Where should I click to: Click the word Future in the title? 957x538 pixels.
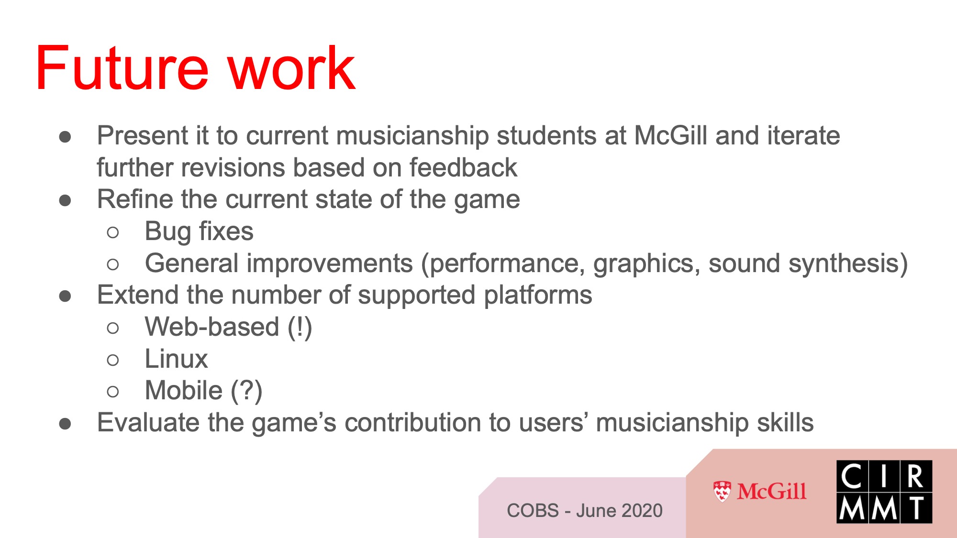[x=122, y=67]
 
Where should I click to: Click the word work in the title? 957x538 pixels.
[x=291, y=68]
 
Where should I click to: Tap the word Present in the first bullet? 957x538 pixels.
[x=143, y=135]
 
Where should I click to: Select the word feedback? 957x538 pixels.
[x=463, y=167]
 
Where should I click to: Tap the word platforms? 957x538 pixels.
[x=538, y=296]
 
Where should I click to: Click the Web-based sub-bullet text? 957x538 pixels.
[x=228, y=327]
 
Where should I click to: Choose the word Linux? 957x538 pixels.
[x=176, y=359]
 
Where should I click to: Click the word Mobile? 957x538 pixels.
[x=184, y=390]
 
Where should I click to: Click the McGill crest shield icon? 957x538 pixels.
[x=722, y=492]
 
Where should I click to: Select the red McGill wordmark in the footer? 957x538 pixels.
[x=772, y=492]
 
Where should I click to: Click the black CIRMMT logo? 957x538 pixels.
[x=884, y=492]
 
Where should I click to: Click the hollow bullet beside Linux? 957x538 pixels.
[x=113, y=360]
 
